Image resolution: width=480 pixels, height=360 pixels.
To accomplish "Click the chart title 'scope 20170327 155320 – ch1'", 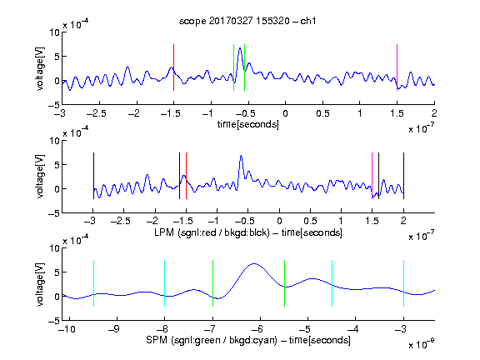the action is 247,21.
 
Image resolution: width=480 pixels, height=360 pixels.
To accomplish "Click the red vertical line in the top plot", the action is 173,67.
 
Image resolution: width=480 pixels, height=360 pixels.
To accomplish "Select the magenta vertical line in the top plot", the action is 397,67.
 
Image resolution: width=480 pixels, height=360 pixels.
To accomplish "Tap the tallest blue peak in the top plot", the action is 240,48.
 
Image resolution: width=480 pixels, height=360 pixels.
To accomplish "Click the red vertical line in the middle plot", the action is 186,176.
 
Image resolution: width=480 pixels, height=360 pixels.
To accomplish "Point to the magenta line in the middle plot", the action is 372,176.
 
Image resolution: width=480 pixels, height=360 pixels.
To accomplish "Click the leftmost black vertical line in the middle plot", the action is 93,176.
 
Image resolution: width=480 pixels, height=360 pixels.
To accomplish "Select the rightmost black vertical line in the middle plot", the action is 403,176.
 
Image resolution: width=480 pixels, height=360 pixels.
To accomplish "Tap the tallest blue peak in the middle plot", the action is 241,156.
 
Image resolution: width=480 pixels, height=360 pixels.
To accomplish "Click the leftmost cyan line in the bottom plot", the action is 93,283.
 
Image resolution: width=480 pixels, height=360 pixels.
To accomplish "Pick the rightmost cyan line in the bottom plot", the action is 403,283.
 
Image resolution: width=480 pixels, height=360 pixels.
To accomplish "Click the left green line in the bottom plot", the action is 212,283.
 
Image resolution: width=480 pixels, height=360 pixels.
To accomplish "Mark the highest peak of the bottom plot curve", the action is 254,263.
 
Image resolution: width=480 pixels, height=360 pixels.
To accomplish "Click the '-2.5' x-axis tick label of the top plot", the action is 97,113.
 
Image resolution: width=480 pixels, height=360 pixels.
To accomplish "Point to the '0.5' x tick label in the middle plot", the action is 310,221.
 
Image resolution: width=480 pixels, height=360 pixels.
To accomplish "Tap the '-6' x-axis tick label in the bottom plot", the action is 257,329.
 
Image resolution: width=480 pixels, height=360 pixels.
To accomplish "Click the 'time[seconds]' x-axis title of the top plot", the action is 248,124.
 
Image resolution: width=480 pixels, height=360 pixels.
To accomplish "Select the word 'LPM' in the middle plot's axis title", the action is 164,232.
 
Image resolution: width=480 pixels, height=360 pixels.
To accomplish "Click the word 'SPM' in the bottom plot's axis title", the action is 157,340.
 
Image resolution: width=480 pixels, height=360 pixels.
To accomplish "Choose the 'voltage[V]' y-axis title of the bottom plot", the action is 40,284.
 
